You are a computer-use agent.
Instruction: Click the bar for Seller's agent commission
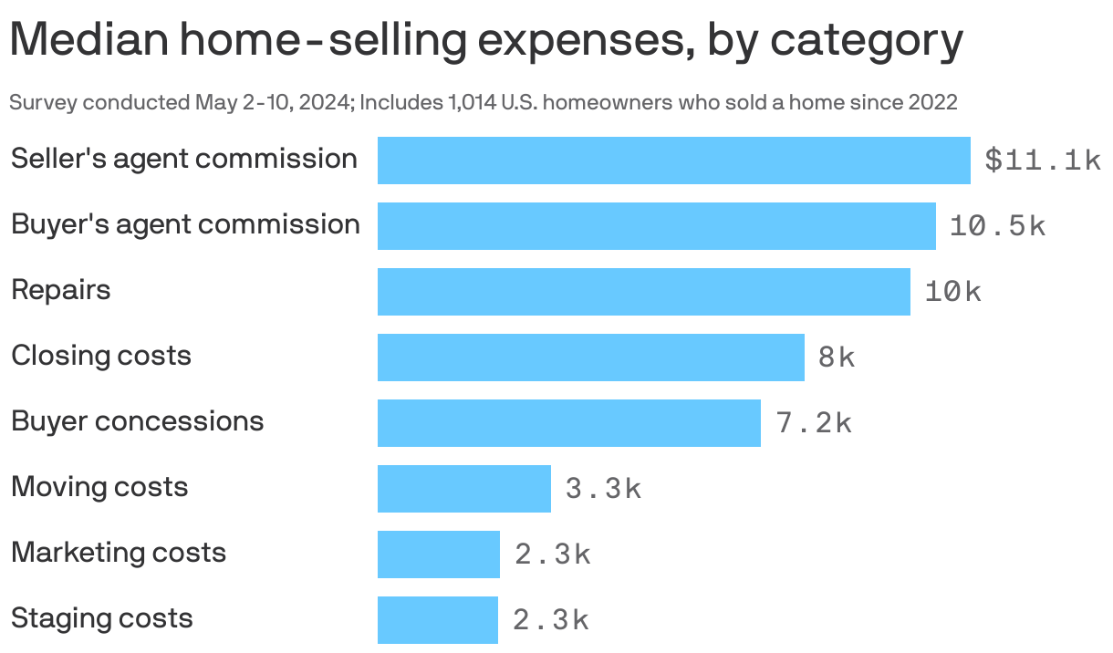point(673,161)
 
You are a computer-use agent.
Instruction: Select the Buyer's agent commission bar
point(656,226)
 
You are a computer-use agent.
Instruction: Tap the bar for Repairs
point(643,292)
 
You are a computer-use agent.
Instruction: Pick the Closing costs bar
point(590,358)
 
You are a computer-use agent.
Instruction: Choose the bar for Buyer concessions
point(568,423)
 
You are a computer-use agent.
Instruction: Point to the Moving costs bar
point(463,489)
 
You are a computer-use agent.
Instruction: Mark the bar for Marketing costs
point(438,555)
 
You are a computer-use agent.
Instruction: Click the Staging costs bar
point(437,620)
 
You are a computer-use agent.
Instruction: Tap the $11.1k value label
point(1043,161)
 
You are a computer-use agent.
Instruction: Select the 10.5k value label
point(997,226)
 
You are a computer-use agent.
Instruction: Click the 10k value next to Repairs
point(953,292)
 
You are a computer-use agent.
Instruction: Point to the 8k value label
point(837,358)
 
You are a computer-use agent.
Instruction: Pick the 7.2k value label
point(814,423)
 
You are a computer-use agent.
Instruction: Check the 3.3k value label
point(603,489)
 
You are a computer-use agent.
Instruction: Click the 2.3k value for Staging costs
point(550,620)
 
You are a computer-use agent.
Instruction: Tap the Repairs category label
point(60,290)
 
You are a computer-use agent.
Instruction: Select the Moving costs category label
point(99,486)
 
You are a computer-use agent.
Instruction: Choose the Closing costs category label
point(100,355)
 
